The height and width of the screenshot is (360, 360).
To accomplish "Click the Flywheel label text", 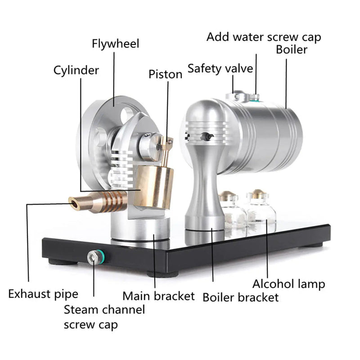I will pyautogui.click(x=116, y=44).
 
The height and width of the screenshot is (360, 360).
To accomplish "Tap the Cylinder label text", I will pyautogui.click(x=76, y=71).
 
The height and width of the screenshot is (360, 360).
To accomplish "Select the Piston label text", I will pyautogui.click(x=166, y=74).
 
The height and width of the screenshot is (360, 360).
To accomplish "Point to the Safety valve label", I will pyautogui.click(x=220, y=68).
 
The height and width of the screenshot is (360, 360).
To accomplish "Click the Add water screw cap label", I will pyautogui.click(x=264, y=36).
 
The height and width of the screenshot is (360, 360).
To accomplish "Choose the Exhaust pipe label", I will pyautogui.click(x=43, y=294).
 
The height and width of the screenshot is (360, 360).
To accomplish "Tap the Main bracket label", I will pyautogui.click(x=159, y=296).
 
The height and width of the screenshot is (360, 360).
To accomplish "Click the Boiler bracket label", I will pyautogui.click(x=240, y=297).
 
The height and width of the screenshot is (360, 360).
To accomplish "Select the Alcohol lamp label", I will pyautogui.click(x=288, y=283).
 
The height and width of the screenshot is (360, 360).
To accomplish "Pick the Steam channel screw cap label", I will pyautogui.click(x=104, y=316).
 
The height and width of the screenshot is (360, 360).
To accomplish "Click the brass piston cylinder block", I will pyautogui.click(x=156, y=187).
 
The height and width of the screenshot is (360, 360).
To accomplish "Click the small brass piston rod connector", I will pyautogui.click(x=168, y=144).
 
